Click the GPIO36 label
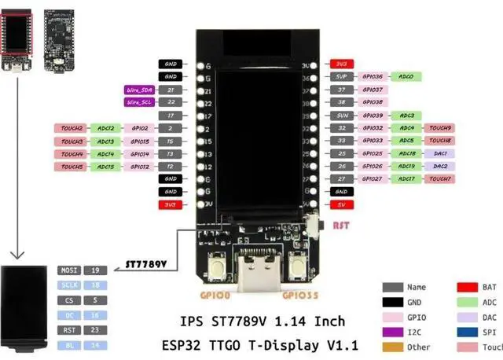372,77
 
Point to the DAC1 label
440,153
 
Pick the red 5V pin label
340,204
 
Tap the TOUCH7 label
440,179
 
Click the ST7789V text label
147,265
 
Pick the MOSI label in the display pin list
68,270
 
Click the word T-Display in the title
295,343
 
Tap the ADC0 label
406,77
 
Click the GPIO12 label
140,167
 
